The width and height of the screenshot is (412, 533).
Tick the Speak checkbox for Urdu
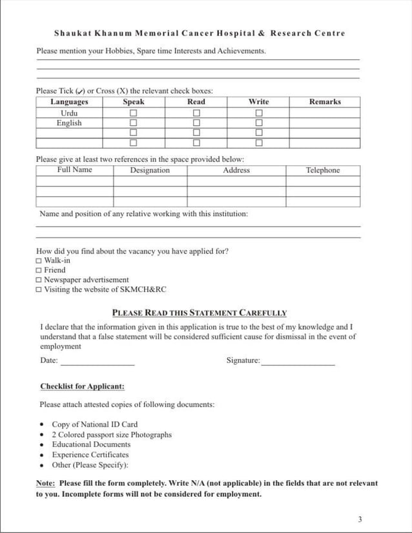pyautogui.click(x=134, y=113)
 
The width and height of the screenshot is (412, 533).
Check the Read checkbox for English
pyautogui.click(x=196, y=123)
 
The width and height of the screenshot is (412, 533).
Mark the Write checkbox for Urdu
pyautogui.click(x=259, y=113)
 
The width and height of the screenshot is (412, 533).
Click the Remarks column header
pyautogui.click(x=325, y=102)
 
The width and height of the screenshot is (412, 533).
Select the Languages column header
pyautogui.click(x=69, y=102)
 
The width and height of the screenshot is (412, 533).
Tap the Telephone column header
pyautogui.click(x=323, y=170)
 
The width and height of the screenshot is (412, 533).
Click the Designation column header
pyautogui.click(x=150, y=170)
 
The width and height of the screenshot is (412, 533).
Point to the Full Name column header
pyautogui.click(x=74, y=170)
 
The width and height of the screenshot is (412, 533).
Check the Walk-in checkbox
pyautogui.click(x=39, y=261)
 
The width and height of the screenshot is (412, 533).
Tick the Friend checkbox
pyautogui.click(x=39, y=270)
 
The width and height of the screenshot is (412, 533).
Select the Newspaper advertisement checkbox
pyautogui.click(x=39, y=280)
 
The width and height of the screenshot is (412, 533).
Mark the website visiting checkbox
pyautogui.click(x=39, y=290)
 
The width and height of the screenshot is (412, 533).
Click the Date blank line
pyautogui.click(x=98, y=364)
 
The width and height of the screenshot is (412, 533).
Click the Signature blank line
pyautogui.click(x=298, y=364)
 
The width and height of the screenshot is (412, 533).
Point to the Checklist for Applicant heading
pyautogui.click(x=82, y=387)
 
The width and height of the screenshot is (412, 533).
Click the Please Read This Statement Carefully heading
pyautogui.click(x=200, y=313)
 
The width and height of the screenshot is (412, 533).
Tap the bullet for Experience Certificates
pyautogui.click(x=42, y=455)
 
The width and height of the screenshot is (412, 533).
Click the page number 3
pyautogui.click(x=360, y=519)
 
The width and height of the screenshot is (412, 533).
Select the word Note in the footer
pyautogui.click(x=45, y=483)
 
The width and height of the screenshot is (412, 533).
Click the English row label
pyautogui.click(x=69, y=123)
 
